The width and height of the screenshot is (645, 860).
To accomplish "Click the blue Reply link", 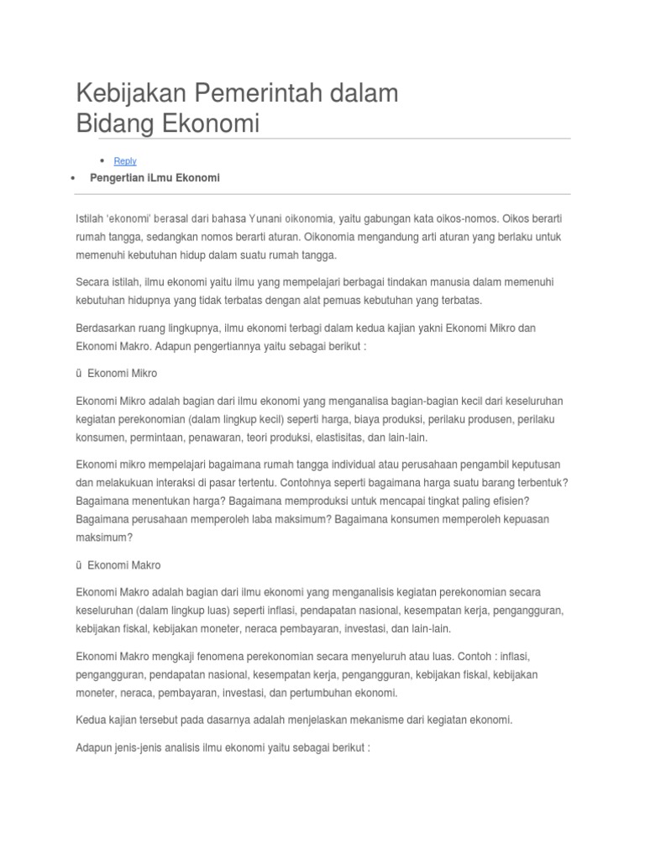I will tap(125, 161).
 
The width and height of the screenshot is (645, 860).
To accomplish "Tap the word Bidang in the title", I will tap(113, 124).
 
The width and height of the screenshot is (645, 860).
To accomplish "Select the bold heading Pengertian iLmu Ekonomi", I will tap(155, 178).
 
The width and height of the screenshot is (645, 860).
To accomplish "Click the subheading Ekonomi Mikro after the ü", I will tap(122, 373).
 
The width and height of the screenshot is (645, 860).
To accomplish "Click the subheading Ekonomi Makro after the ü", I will tap(123, 565).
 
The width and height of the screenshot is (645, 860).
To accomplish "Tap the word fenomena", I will tap(216, 655).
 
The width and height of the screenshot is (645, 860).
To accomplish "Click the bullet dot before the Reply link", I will tap(102, 160).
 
